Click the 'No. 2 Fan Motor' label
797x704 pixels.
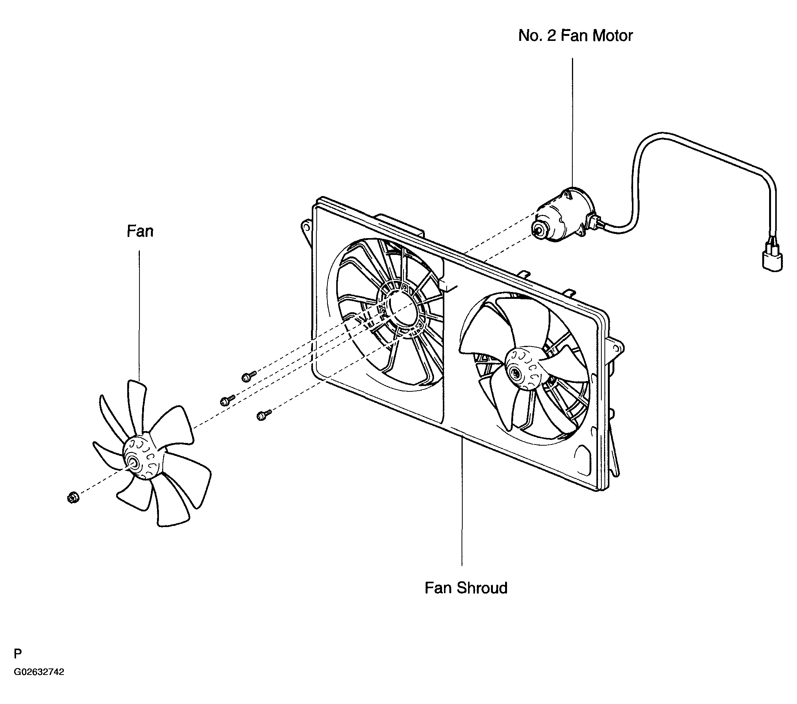coord(575,36)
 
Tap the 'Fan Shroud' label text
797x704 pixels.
coord(466,588)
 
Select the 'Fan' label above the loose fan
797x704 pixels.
coord(140,231)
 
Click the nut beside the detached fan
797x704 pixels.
coord(73,498)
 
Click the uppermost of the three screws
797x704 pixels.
coord(249,376)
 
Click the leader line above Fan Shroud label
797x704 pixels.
coord(462,501)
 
